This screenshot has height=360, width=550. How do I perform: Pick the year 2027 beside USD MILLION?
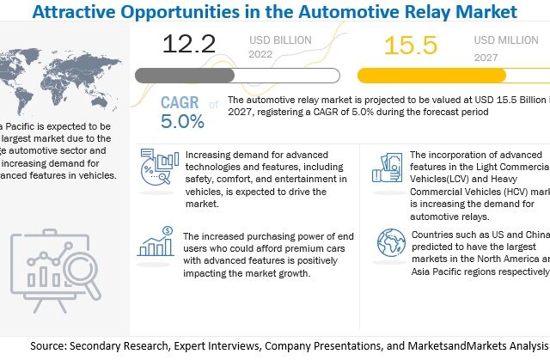click(486, 56)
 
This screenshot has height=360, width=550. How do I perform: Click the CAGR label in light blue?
click(180, 104)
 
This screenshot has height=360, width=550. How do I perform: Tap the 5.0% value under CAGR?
click(183, 122)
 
